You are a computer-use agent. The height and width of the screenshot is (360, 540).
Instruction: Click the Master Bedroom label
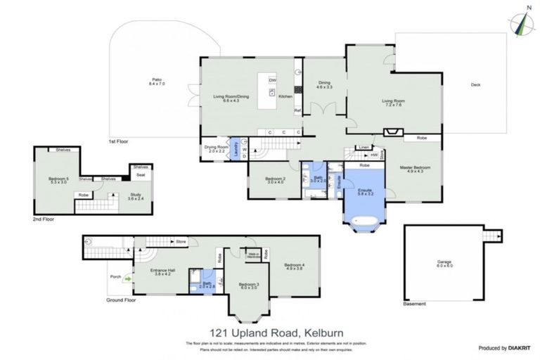click(x=415, y=169)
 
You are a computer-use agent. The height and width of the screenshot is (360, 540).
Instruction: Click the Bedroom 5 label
click(x=58, y=181)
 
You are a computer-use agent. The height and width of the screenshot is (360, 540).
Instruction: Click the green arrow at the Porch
click(x=129, y=278)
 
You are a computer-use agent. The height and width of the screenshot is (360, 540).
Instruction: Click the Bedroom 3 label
click(x=248, y=285)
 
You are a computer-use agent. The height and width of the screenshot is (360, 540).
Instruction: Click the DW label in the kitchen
click(x=272, y=79)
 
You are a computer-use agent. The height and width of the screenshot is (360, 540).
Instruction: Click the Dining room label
click(x=323, y=84)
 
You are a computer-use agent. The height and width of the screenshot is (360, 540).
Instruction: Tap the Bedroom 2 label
click(x=275, y=181)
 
